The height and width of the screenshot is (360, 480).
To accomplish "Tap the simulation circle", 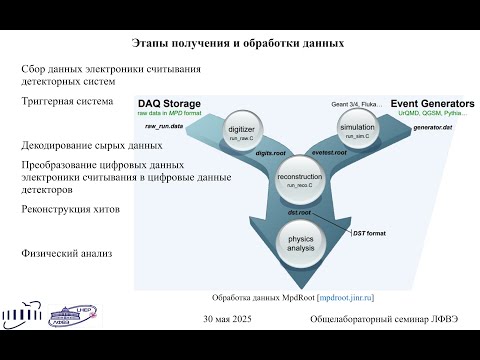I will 357,127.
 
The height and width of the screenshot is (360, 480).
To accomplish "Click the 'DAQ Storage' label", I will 169,103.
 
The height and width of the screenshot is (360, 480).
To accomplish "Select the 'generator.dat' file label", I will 434,128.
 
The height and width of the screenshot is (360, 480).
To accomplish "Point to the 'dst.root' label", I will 296,212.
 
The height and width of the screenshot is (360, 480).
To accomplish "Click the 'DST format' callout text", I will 369,231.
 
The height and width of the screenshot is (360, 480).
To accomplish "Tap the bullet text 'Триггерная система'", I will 67,102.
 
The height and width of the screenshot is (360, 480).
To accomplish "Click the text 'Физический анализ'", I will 66,254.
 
